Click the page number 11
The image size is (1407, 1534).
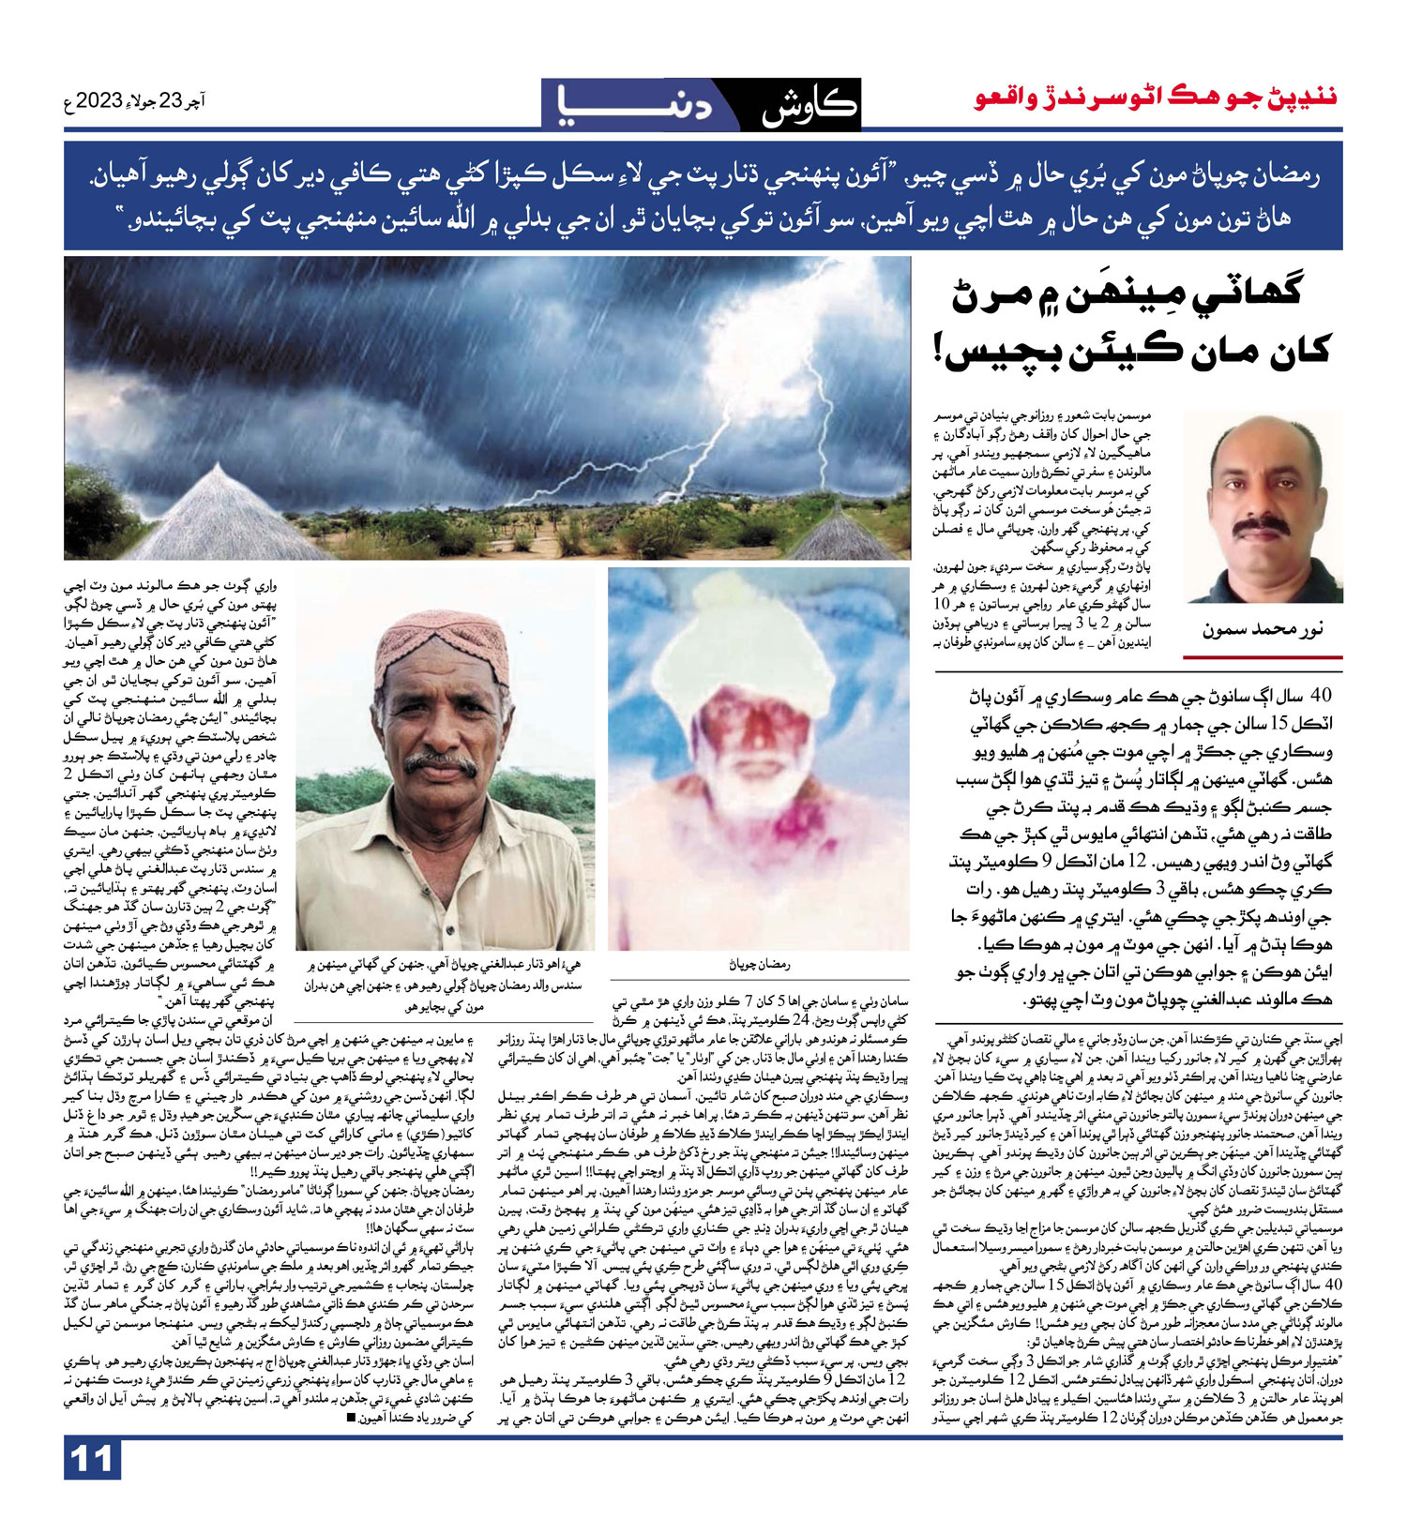(x=91, y=1459)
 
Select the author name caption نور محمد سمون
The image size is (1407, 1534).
(x=1263, y=629)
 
